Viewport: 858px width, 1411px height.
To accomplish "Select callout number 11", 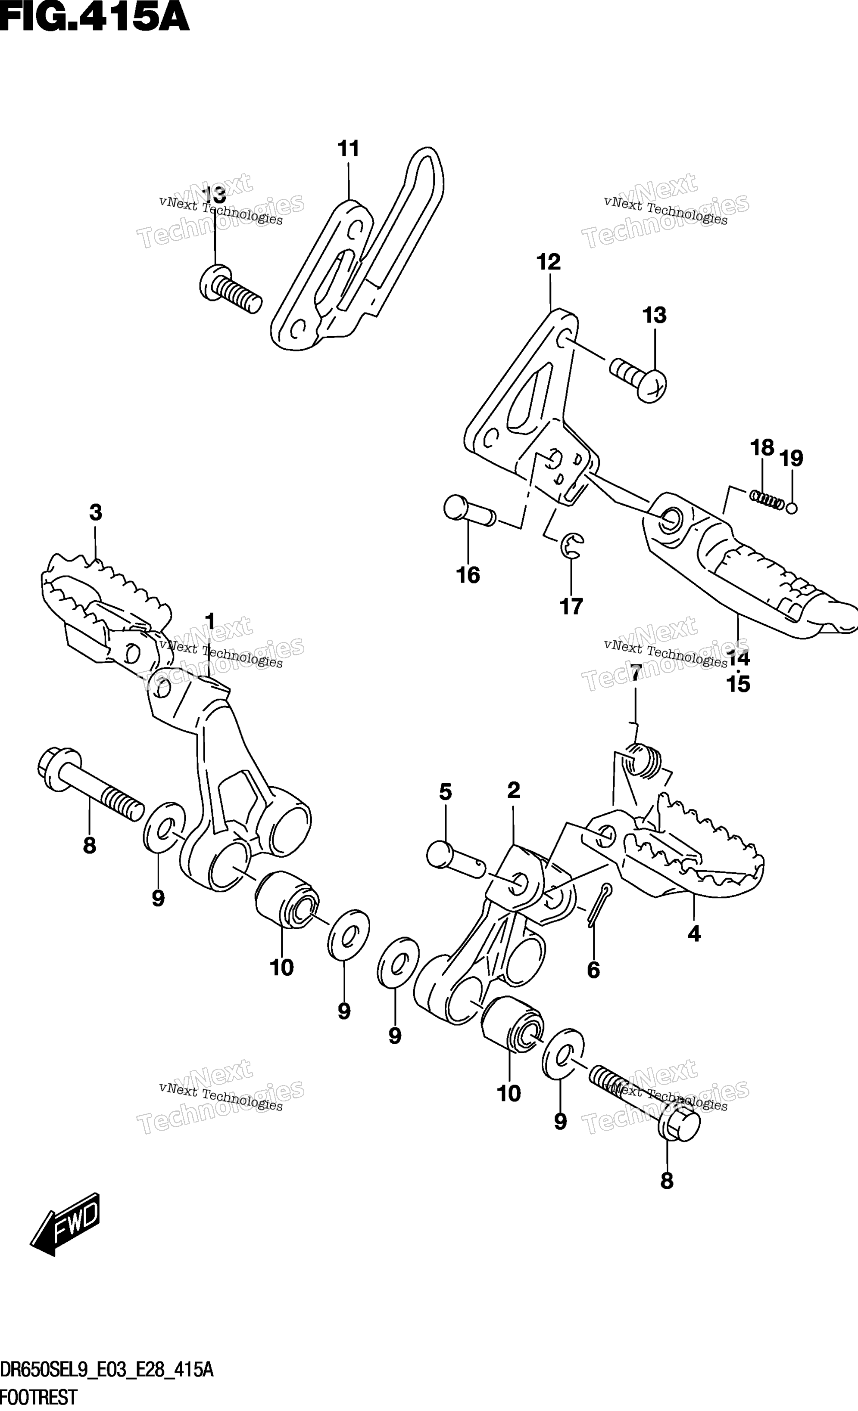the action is tap(348, 149).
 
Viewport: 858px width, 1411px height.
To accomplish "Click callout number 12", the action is tap(549, 262).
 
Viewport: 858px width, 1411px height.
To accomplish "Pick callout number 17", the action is tap(571, 606).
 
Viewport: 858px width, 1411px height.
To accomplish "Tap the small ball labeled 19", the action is tap(792, 507).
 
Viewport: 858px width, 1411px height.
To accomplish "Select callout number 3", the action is tap(95, 512).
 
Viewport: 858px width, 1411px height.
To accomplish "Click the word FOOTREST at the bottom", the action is tap(38, 1397).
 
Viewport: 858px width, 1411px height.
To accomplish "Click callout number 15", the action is tap(738, 684).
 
